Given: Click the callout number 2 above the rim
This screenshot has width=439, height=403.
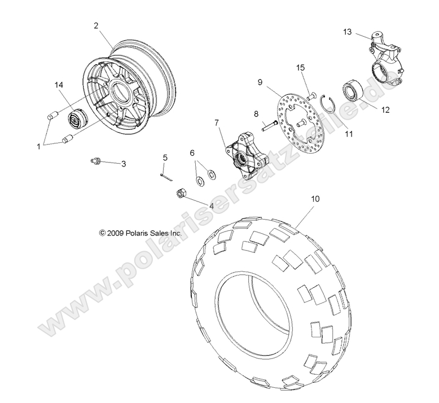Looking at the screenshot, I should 96,25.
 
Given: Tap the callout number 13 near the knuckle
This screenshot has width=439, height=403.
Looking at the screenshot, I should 347,32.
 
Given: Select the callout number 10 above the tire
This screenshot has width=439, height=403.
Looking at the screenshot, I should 315,199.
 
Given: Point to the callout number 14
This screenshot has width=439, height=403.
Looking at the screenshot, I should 58,84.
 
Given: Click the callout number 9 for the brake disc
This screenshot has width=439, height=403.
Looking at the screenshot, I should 260,82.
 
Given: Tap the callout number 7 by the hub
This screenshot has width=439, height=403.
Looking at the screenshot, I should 216,122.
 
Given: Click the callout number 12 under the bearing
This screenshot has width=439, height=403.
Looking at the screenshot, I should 385,111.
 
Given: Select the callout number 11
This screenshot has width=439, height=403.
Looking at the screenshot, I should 348,134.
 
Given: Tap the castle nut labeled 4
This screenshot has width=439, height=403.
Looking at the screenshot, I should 182,194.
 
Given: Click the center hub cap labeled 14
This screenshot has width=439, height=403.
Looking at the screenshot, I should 75,120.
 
